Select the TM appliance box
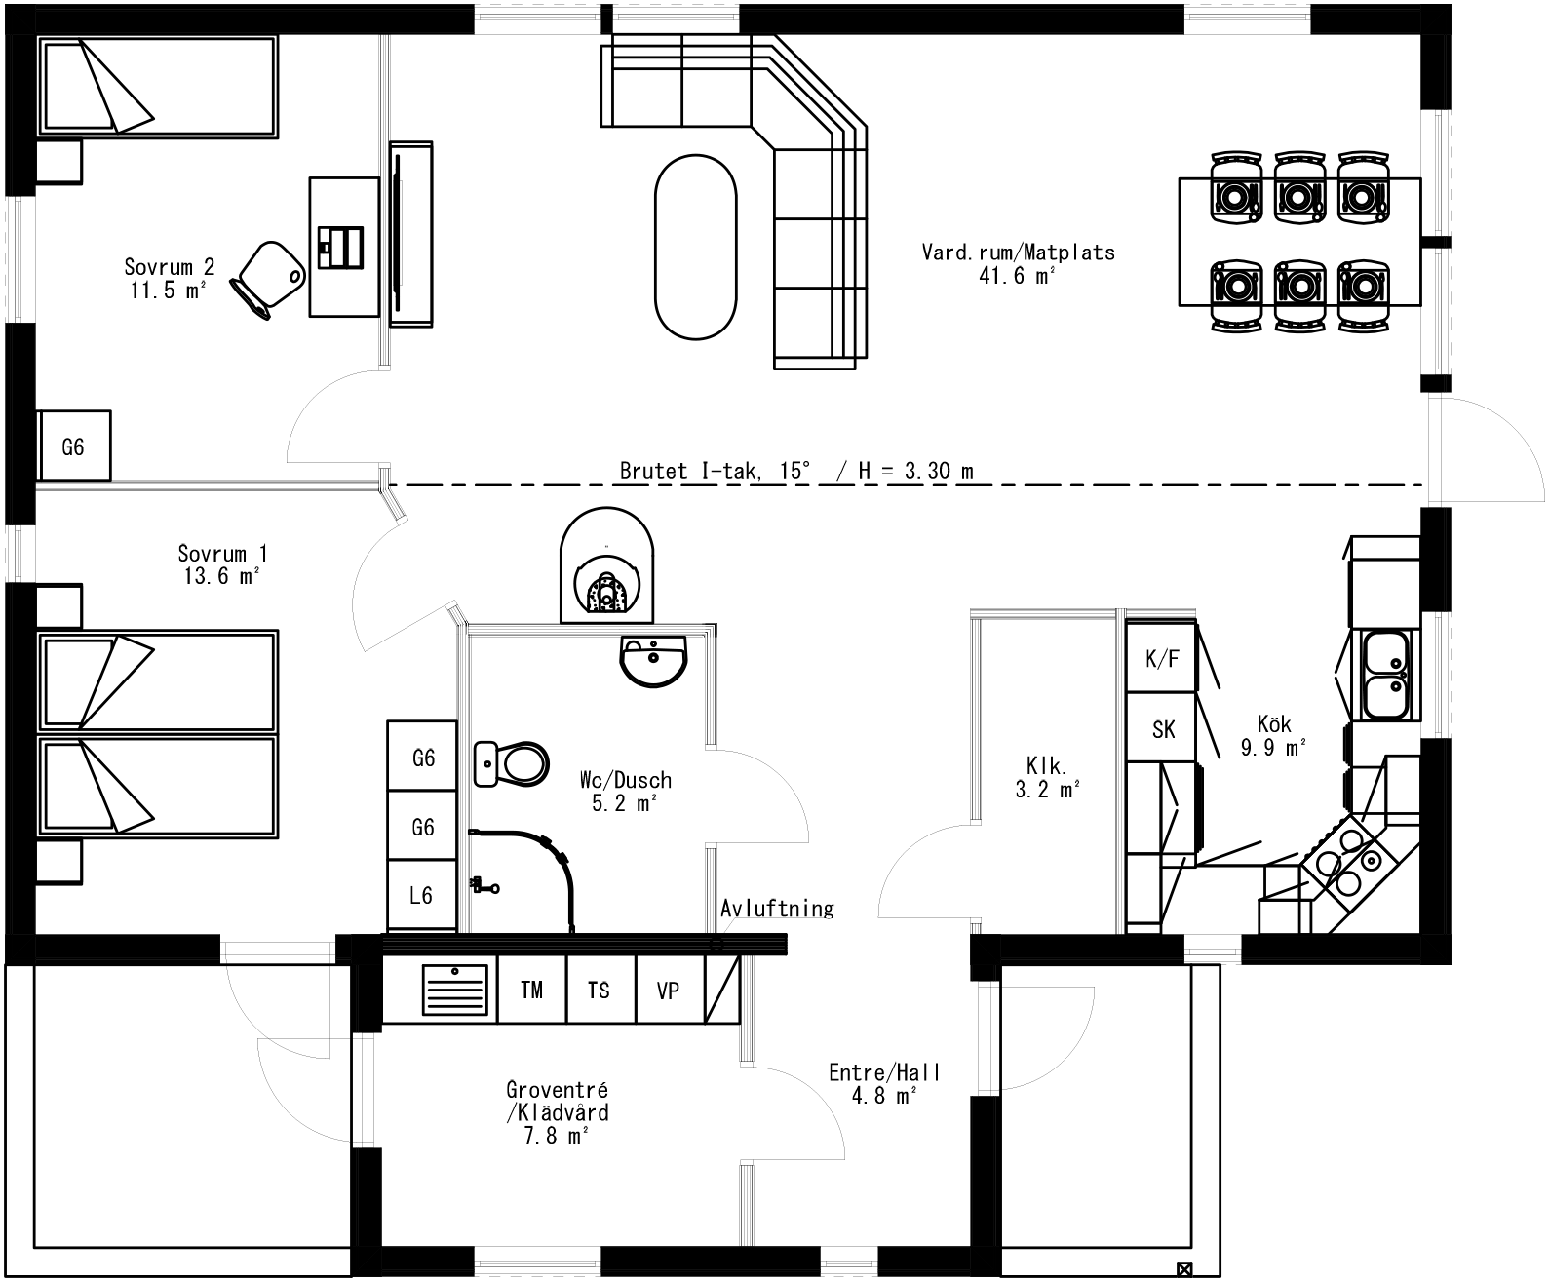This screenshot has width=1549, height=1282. [531, 990]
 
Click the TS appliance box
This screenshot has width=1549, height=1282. [600, 990]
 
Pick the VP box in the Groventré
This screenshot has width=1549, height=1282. [669, 990]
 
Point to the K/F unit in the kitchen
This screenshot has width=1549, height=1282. [1161, 658]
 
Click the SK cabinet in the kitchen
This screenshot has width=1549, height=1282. [1162, 728]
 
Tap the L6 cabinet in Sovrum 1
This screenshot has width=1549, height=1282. [422, 894]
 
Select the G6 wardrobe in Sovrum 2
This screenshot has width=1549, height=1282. [73, 446]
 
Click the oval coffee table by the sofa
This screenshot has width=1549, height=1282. [695, 248]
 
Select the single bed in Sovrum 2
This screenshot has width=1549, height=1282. [156, 86]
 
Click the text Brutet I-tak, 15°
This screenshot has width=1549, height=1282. [715, 471]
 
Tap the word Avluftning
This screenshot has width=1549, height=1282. [777, 909]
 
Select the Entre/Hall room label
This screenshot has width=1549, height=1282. [883, 1083]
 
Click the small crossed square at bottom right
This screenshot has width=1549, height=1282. [1184, 1269]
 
